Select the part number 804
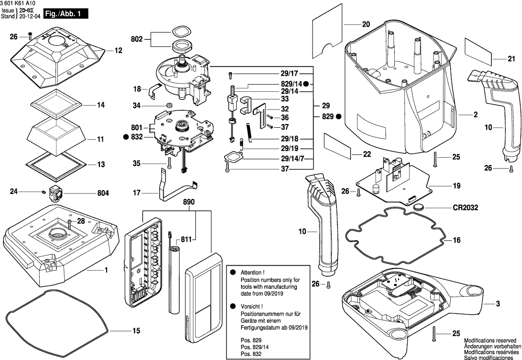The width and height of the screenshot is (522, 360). (102, 194)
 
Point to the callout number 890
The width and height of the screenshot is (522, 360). (189, 202)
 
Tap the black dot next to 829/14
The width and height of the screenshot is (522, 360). (306, 84)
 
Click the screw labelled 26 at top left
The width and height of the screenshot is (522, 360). (30, 37)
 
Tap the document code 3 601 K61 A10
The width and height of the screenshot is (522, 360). (18, 3)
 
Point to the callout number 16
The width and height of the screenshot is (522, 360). (457, 240)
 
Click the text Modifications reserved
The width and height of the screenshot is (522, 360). (490, 340)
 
